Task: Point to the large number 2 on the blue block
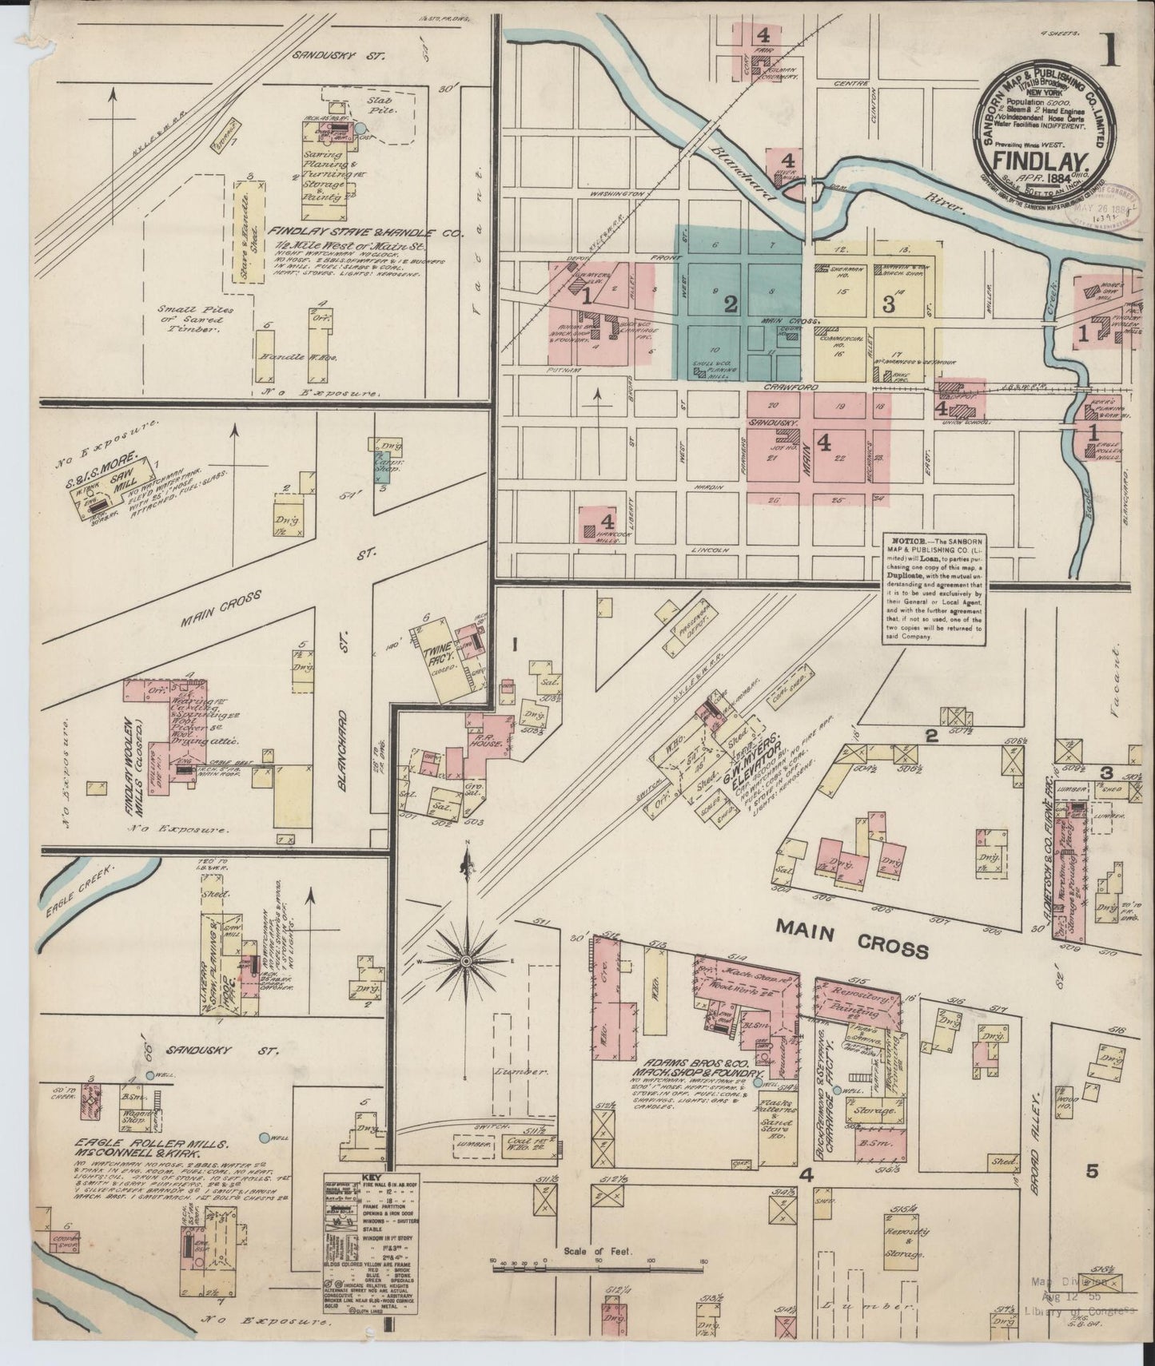729,303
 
